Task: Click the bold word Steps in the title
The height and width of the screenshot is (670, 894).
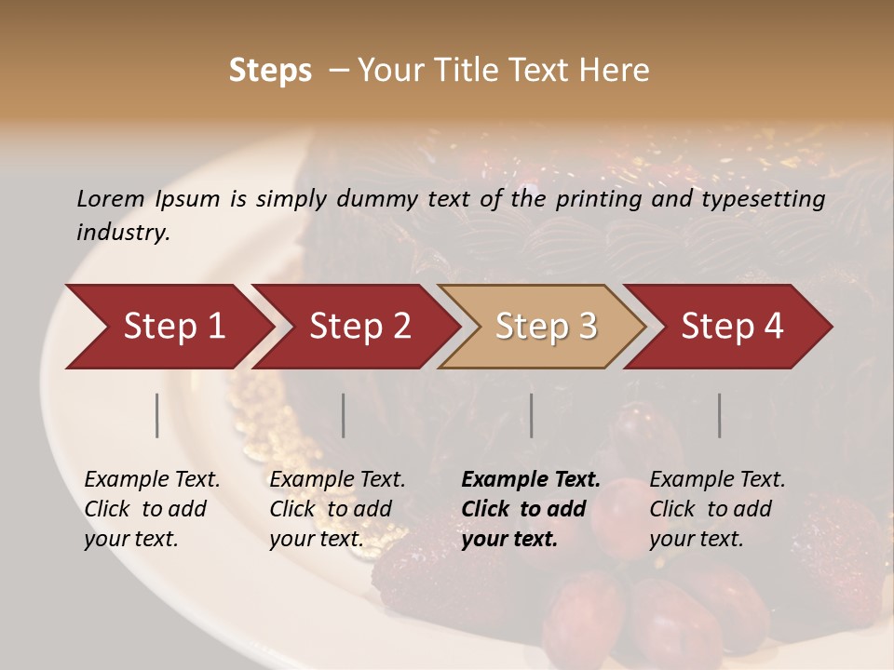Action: pos(270,71)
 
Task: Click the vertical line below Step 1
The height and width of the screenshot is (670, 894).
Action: pos(157,415)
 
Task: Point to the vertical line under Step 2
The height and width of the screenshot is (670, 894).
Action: pos(344,415)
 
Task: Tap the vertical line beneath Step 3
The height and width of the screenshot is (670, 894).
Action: pos(532,415)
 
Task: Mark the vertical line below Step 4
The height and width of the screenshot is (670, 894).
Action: pos(720,415)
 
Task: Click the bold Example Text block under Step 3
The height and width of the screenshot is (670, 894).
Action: pos(531,509)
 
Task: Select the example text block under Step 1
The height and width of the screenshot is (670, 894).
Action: pos(152,509)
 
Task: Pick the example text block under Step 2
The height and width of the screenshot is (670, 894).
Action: pos(337,509)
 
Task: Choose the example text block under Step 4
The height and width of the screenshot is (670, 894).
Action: pos(717,509)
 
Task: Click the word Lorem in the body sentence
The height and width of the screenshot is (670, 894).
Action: pos(111,198)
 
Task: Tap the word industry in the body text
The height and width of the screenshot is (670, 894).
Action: pos(123,233)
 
